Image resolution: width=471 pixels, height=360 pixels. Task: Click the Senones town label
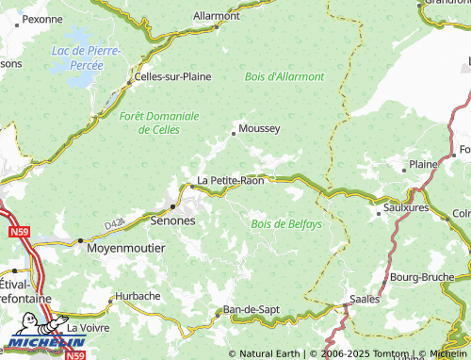pos(172,221)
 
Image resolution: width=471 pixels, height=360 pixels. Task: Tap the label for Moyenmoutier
pos(125,248)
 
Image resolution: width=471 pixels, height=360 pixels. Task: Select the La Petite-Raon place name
pos(230,181)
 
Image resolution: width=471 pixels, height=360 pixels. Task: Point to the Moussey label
pos(259,129)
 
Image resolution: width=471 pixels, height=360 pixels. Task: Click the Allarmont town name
pos(216,16)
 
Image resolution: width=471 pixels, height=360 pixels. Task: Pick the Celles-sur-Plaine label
pos(173,76)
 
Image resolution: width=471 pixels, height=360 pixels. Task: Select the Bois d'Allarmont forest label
pos(284,76)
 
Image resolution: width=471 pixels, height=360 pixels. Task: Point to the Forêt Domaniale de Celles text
pos(159,123)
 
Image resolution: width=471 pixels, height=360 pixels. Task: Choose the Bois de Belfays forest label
pos(286,224)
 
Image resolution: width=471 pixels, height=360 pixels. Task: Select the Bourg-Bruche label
pos(422,277)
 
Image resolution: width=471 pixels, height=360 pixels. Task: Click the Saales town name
pos(365,299)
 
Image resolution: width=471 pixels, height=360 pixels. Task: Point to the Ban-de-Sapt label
pos(252,309)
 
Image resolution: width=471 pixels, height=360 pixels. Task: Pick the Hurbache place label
pos(138,296)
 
